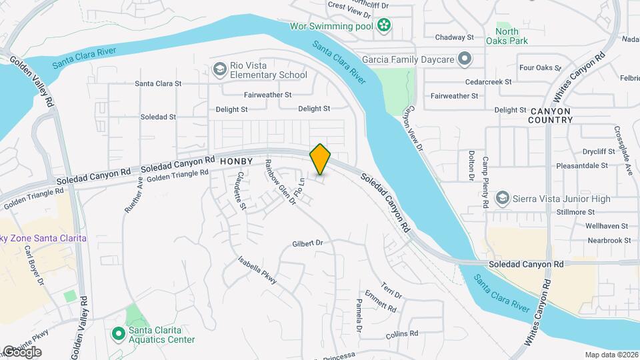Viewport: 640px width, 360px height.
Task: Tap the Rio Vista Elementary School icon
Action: tap(219, 69)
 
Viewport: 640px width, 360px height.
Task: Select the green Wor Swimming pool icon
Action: tap(384, 26)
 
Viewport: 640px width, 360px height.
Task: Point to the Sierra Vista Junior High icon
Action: tap(503, 198)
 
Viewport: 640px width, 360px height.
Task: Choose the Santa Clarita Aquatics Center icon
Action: tap(118, 333)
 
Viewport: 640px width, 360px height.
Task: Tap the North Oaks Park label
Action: tap(511, 36)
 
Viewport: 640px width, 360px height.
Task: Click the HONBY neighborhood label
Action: tap(237, 161)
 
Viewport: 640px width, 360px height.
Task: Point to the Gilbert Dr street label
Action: tap(307, 243)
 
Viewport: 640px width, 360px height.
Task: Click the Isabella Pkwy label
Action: tap(257, 274)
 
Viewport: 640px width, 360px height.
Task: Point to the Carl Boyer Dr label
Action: tap(34, 266)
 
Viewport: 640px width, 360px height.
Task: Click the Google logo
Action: tap(21, 352)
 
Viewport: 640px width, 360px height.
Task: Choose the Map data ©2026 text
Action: tap(611, 355)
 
